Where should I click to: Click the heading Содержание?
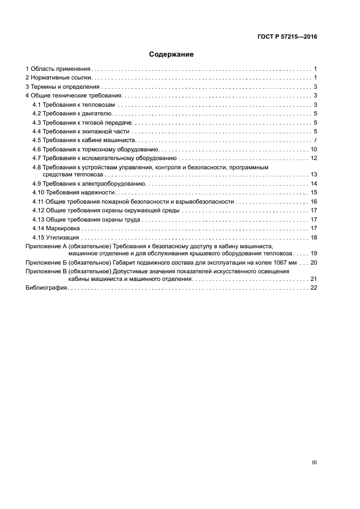click(x=172, y=54)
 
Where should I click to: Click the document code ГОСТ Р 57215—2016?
click(x=287, y=37)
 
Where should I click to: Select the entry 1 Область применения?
click(x=58, y=69)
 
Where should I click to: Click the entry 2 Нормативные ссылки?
click(x=59, y=78)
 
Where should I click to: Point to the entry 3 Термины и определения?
click(x=63, y=87)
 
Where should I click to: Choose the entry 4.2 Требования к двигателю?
click(x=72, y=113)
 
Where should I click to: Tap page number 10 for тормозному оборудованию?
click(x=314, y=149)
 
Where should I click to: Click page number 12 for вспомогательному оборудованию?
click(x=314, y=158)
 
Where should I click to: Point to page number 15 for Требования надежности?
click(x=314, y=193)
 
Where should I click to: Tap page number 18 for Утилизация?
click(x=314, y=237)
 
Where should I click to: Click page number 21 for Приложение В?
click(x=314, y=278)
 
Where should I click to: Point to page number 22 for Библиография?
click(x=314, y=287)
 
